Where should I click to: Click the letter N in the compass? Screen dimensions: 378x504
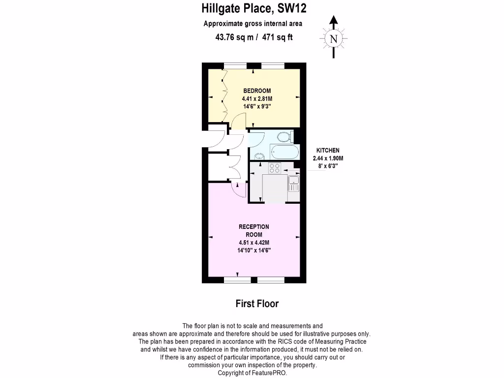[334, 38]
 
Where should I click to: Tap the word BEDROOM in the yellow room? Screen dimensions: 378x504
[257, 91]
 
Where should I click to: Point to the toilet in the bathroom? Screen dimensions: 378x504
[285, 136]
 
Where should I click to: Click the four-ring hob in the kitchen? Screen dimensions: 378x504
[275, 168]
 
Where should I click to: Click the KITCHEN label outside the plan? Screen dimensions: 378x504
[327, 150]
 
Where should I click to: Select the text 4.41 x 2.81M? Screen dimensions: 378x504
[257, 98]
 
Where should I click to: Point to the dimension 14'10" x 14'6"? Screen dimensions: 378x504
[254, 250]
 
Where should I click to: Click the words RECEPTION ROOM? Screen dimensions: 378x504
[254, 230]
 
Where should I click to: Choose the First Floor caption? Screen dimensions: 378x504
[257, 304]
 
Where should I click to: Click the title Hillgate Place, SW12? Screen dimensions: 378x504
[256, 8]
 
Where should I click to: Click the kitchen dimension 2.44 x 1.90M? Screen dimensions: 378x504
[327, 158]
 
